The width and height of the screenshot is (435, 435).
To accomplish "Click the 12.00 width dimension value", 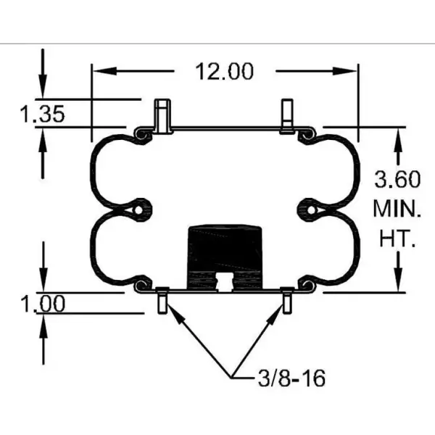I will (224, 71).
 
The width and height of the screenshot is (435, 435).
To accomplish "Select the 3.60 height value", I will (397, 179).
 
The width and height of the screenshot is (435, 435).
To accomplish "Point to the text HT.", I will (397, 239).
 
